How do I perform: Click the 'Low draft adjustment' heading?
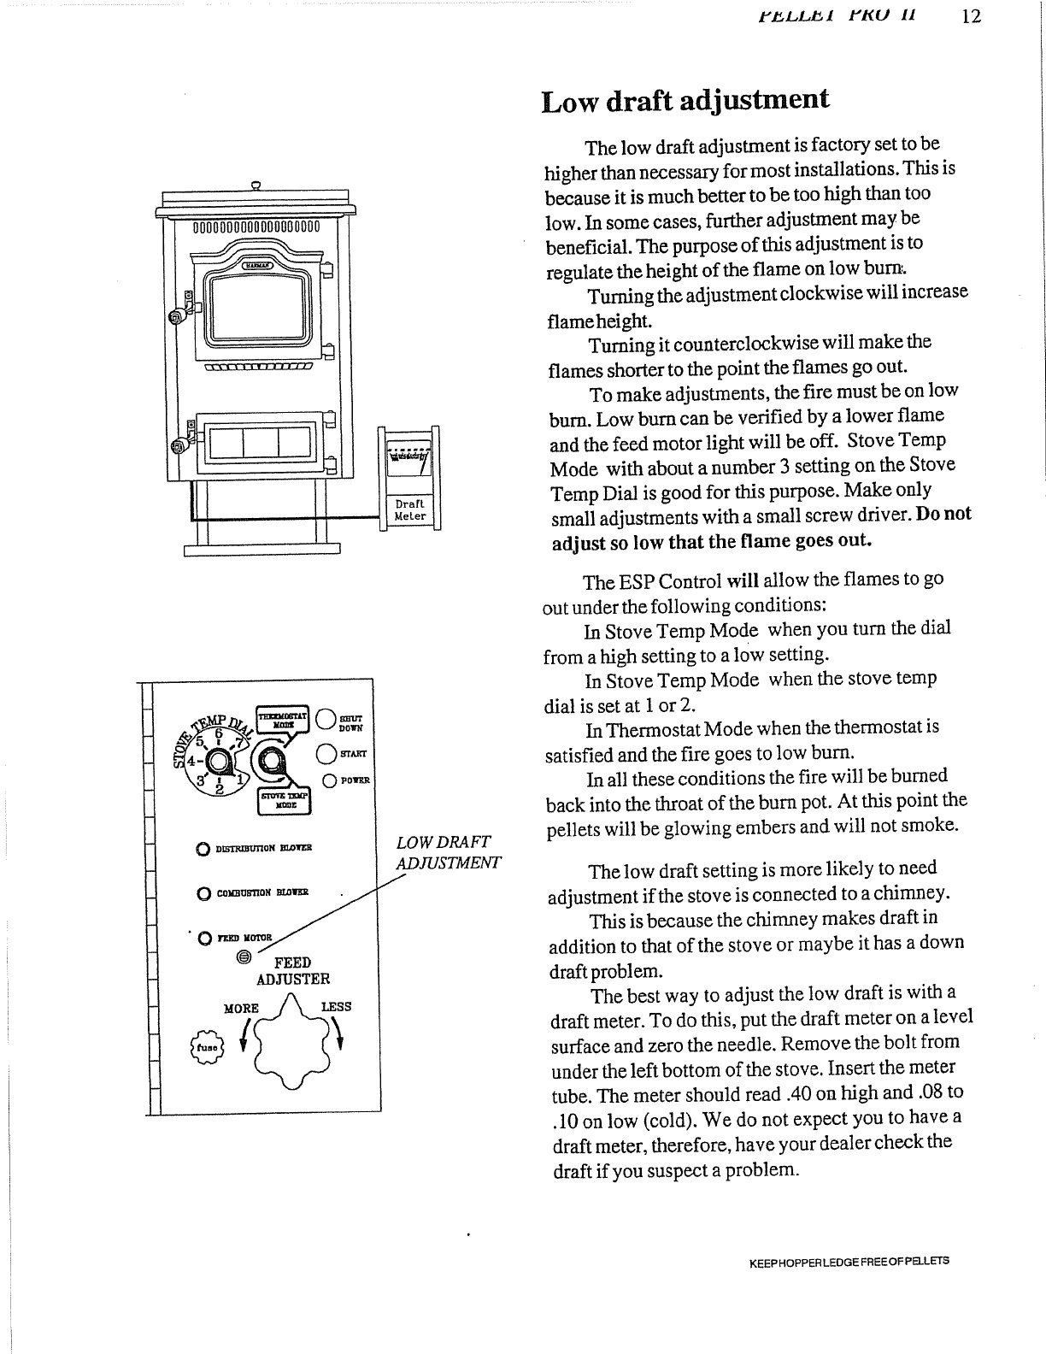(685, 100)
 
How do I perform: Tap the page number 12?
(969, 16)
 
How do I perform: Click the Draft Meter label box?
(410, 510)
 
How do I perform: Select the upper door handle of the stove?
(179, 315)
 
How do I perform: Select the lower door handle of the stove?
(179, 446)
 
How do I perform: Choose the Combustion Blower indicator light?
(203, 893)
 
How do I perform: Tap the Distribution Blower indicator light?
(203, 849)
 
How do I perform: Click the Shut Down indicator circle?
(326, 722)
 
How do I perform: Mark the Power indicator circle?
(327, 780)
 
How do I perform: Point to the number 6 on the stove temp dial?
(218, 734)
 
